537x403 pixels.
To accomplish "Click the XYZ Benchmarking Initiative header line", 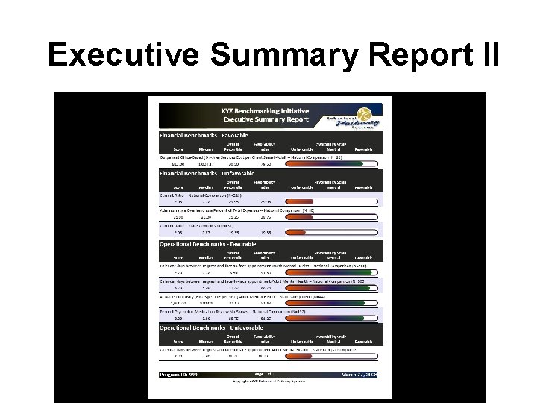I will coord(265,110).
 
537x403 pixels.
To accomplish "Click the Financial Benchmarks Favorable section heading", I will coord(204,135).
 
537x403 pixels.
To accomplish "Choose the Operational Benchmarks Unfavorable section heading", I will coord(211,328).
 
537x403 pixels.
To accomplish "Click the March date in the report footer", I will coord(358,375).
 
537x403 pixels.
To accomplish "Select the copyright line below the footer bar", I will coord(270,383).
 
